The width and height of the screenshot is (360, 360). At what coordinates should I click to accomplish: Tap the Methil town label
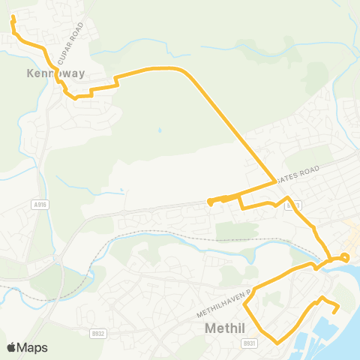click(x=226, y=328)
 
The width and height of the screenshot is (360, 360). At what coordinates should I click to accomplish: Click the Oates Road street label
click(x=297, y=174)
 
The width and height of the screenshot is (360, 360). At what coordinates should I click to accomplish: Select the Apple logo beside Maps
click(x=12, y=347)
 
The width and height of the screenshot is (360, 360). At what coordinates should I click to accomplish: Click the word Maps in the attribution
click(x=33, y=347)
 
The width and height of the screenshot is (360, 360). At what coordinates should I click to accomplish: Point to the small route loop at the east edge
click(x=344, y=257)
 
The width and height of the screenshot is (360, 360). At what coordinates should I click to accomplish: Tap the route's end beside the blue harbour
click(x=337, y=310)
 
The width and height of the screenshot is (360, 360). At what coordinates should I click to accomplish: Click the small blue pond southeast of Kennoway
click(x=160, y=130)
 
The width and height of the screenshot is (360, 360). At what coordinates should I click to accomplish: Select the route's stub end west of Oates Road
click(x=209, y=201)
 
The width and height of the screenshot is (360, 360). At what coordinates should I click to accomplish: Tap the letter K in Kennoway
click(x=31, y=73)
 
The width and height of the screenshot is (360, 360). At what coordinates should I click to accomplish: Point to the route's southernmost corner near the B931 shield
click(x=277, y=342)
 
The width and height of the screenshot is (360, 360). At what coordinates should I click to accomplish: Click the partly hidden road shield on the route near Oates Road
click(x=293, y=204)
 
